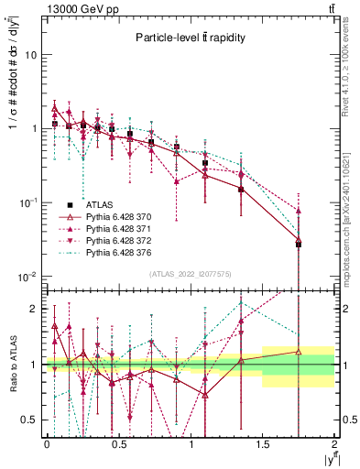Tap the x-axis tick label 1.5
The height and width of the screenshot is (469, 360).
pyautogui.click(x=263, y=444)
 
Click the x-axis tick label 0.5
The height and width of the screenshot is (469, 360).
pyautogui.click(x=118, y=444)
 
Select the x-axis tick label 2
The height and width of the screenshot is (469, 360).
pyautogui.click(x=334, y=444)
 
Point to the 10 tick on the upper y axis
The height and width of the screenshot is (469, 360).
pyautogui.click(x=29, y=55)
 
